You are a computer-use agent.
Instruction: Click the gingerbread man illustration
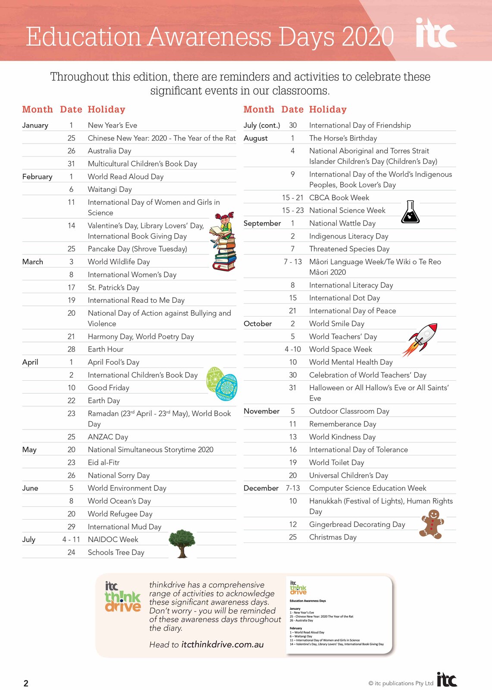pos(432,524)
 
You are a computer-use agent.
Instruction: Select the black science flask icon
pos(410,212)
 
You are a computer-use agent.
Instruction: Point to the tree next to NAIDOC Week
pos(182,543)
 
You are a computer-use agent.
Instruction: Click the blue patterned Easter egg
pos(226,387)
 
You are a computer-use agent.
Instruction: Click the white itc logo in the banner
pos(436,33)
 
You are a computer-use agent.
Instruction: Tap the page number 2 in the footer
pos(26,683)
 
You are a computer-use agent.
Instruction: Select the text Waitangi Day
pos(110,189)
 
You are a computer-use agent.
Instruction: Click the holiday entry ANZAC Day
pos(108,437)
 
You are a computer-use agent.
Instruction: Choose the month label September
pos(262,223)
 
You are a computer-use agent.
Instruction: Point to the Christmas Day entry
pos(332,537)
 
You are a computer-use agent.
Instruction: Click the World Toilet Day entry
pos(336,463)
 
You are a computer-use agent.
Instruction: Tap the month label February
pos(37,177)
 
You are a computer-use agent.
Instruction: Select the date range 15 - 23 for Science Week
pos(293,210)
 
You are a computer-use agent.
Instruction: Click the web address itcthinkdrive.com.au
pos(222,645)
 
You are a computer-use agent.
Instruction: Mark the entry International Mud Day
pos(124,527)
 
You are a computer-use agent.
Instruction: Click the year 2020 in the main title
pos(367,37)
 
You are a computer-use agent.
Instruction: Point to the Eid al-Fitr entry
pos(103,463)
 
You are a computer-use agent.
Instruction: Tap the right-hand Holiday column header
pos(328,110)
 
